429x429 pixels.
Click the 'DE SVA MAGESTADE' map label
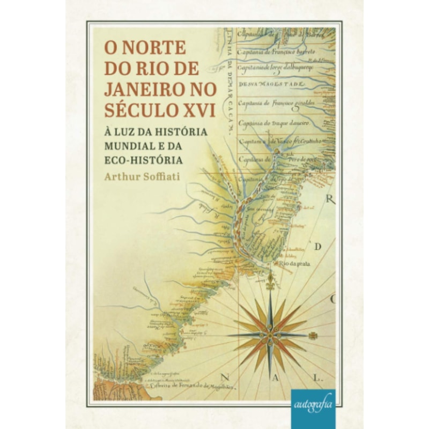coord(272,85)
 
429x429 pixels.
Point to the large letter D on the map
coord(317,247)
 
